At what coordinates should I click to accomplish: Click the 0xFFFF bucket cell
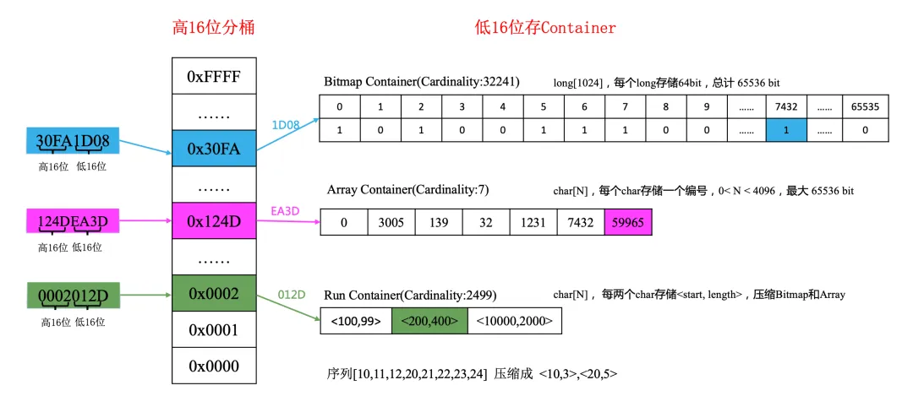tap(213, 77)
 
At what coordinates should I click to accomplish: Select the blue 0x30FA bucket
tap(213, 149)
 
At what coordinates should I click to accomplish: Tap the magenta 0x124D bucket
tap(213, 221)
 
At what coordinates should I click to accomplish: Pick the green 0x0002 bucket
tap(213, 294)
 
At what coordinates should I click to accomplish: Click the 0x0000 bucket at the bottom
tap(213, 366)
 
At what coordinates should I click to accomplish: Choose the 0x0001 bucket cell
tap(213, 330)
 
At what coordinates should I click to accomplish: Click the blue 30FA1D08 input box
tap(73, 141)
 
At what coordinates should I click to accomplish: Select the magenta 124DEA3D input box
tap(72, 223)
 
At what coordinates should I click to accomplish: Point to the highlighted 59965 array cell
tap(628, 223)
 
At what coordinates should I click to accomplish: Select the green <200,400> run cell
tap(429, 321)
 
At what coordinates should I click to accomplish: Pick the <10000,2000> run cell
tap(514, 321)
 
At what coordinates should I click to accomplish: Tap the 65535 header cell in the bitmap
tap(864, 107)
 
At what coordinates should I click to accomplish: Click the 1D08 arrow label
tap(285, 125)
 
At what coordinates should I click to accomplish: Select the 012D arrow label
tap(291, 295)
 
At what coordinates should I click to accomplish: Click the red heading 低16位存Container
tap(545, 28)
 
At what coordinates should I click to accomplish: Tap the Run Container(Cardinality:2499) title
tap(410, 296)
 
